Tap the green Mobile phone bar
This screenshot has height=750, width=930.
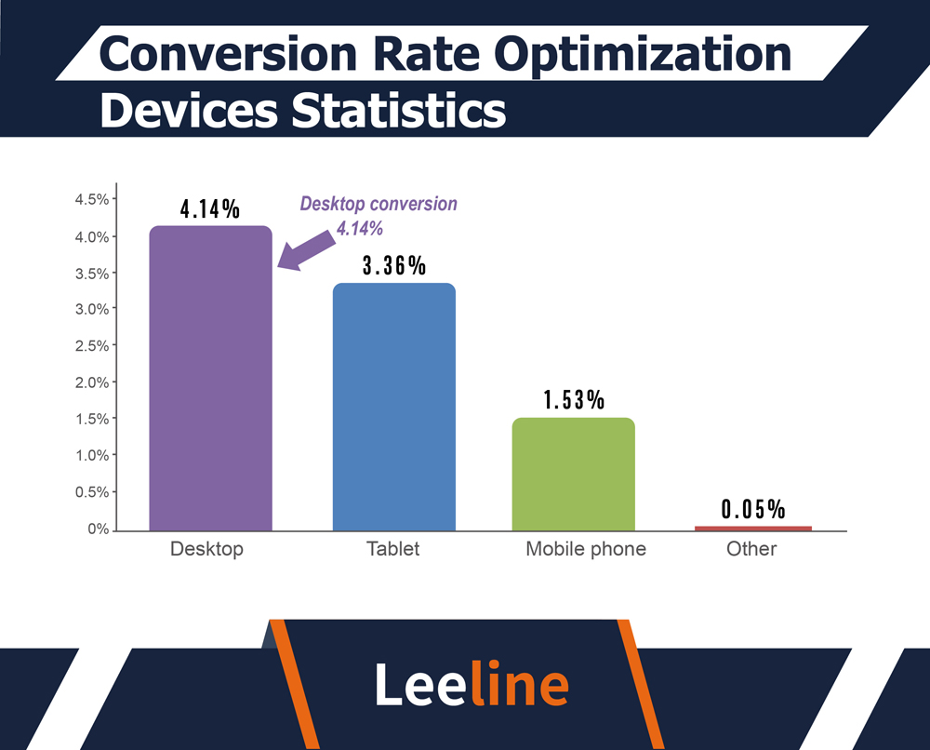point(573,474)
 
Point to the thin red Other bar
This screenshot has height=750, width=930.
point(752,528)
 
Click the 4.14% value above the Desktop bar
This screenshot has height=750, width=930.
point(211,209)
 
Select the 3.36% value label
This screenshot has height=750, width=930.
point(393,266)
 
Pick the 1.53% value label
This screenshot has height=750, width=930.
point(574,401)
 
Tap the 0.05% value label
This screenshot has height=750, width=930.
point(753,510)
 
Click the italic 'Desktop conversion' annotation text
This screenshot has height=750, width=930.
point(379,205)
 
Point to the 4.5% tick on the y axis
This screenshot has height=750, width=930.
point(91,199)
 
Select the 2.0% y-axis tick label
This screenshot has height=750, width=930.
point(91,382)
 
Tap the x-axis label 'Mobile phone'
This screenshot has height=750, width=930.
point(585,549)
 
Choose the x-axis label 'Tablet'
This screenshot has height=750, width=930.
point(392,549)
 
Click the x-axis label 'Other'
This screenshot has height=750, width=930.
point(751,549)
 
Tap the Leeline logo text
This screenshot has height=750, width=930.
point(472,684)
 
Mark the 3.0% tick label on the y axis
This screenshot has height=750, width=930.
point(91,309)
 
